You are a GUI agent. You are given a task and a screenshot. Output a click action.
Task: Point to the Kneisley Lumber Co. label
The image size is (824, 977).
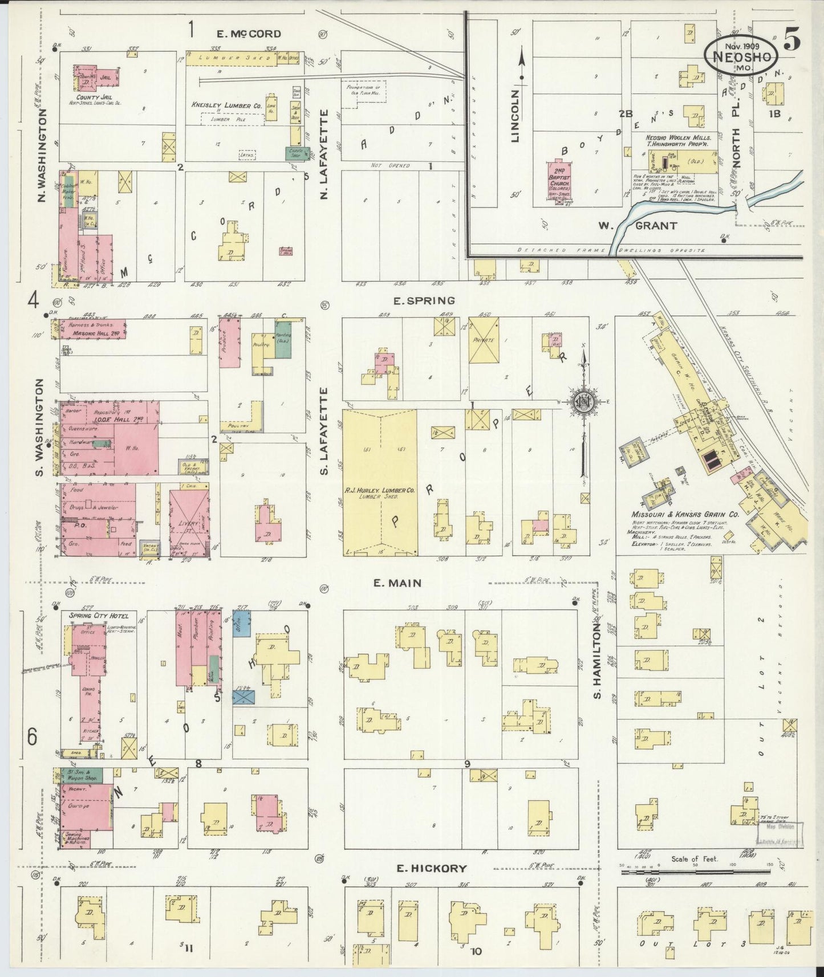[x=226, y=105]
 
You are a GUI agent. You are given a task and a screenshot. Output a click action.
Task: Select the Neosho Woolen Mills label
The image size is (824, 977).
[x=673, y=138]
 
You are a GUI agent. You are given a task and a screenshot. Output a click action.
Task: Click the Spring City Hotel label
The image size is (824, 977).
[x=95, y=616]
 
